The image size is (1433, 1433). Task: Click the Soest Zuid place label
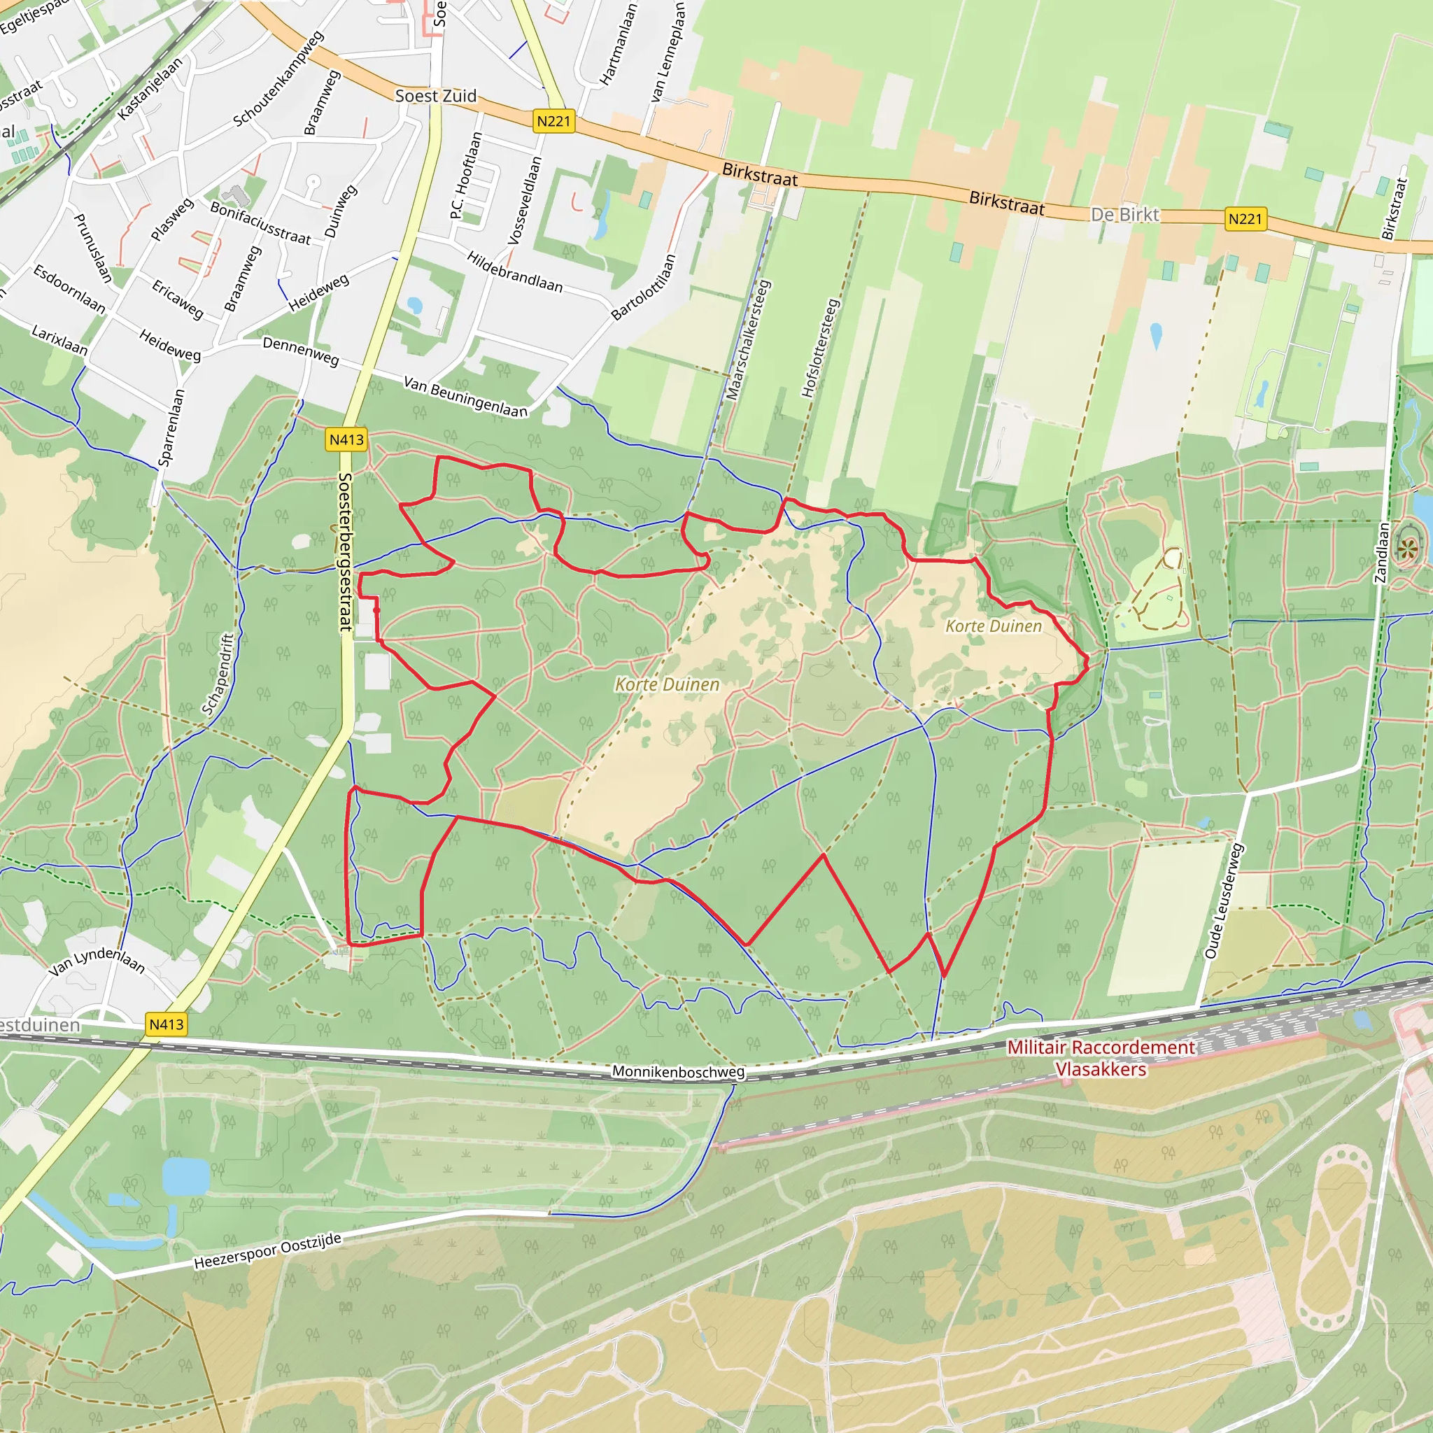pyautogui.click(x=435, y=96)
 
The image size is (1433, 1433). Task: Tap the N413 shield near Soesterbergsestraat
pyautogui.click(x=346, y=440)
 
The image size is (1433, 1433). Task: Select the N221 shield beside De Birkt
pyautogui.click(x=1245, y=219)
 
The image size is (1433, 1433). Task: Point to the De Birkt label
pyautogui.click(x=1124, y=214)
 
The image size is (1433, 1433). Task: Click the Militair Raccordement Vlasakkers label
pyautogui.click(x=1101, y=1058)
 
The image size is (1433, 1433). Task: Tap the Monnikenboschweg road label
pyautogui.click(x=678, y=1071)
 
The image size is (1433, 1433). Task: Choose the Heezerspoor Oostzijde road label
pyautogui.click(x=268, y=1251)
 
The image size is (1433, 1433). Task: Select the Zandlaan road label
pyautogui.click(x=1381, y=553)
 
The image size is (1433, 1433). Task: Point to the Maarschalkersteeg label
pyautogui.click(x=749, y=339)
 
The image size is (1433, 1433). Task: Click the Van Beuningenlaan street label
pyautogui.click(x=465, y=397)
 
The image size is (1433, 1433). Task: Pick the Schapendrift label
pyautogui.click(x=218, y=674)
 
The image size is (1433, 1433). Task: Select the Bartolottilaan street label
pyautogui.click(x=644, y=287)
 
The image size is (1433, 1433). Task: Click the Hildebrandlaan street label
pyautogui.click(x=514, y=271)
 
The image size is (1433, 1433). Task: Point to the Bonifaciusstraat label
pyautogui.click(x=260, y=223)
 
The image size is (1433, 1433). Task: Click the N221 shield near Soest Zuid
pyautogui.click(x=554, y=121)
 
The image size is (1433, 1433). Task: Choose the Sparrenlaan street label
pyautogui.click(x=171, y=428)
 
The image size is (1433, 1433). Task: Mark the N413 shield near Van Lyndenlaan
pyautogui.click(x=166, y=1024)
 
